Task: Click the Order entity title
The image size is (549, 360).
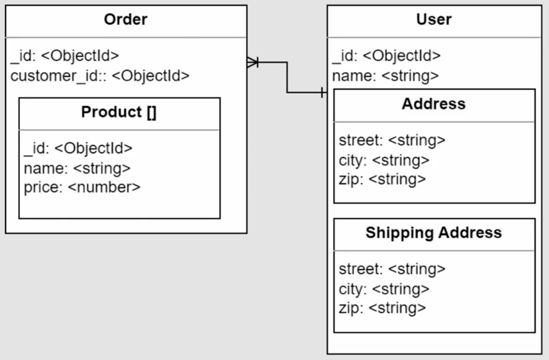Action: [126, 19]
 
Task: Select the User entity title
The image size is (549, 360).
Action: [434, 19]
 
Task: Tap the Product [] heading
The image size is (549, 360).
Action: [119, 112]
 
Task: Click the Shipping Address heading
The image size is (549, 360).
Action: [434, 233]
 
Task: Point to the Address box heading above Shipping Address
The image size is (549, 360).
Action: [434, 104]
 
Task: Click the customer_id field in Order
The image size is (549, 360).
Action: [100, 76]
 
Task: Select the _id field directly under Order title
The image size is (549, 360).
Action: [65, 56]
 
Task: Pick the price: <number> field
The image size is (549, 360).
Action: [82, 187]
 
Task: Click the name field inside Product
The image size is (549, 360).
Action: [77, 169]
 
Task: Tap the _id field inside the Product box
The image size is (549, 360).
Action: [78, 148]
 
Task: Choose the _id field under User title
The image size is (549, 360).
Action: [386, 56]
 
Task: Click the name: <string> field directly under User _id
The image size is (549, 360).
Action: [385, 76]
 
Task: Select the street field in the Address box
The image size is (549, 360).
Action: [392, 140]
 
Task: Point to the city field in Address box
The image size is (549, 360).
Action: [384, 161]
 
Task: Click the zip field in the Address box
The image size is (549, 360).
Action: [383, 180]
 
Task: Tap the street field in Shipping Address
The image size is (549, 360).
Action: [392, 269]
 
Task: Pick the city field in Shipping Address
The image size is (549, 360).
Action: [384, 289]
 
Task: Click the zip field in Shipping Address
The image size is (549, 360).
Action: [383, 308]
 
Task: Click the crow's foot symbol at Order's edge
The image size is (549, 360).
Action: [253, 62]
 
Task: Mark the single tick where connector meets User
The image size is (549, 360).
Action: [322, 93]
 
